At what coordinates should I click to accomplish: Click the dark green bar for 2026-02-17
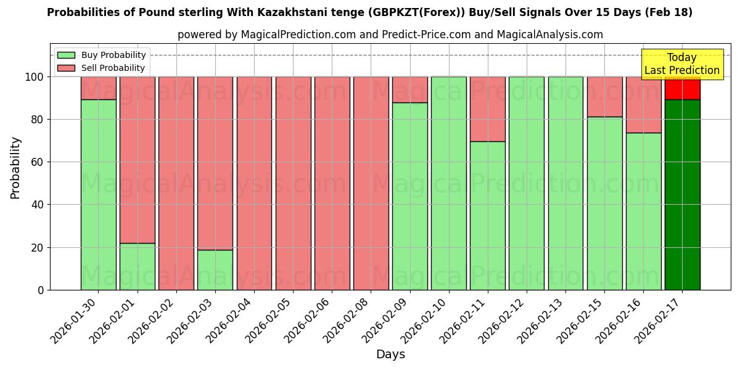pyautogui.click(x=682, y=194)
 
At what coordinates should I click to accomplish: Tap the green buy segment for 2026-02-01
pyautogui.click(x=138, y=266)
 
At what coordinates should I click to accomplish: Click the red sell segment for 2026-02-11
pyautogui.click(x=488, y=109)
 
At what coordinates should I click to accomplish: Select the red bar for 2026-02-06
pyautogui.click(x=332, y=183)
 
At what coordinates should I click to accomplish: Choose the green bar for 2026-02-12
pyautogui.click(x=527, y=183)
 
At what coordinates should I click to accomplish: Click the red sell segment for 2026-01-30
pyautogui.click(x=99, y=88)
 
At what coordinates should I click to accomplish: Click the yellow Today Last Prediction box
pyautogui.click(x=682, y=64)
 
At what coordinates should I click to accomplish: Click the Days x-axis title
pyautogui.click(x=390, y=355)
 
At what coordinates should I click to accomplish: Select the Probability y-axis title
pyautogui.click(x=15, y=167)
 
